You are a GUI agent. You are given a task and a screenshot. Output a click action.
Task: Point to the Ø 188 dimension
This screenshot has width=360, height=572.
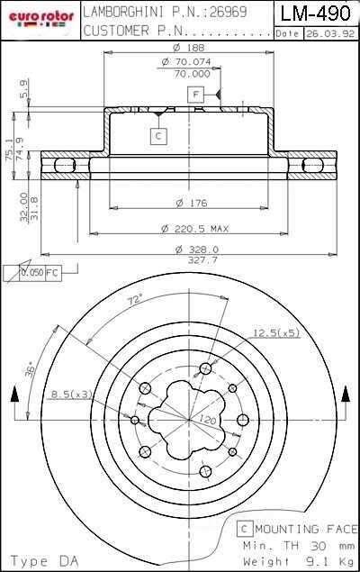click(186, 47)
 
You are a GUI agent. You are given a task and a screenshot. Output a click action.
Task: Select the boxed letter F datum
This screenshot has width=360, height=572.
click(193, 94)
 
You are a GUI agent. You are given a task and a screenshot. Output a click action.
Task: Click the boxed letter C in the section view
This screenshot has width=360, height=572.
click(157, 136)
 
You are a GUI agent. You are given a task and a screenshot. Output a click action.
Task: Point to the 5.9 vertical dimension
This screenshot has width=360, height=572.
click(23, 88)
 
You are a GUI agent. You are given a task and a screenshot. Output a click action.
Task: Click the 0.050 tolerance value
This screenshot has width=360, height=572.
click(33, 272)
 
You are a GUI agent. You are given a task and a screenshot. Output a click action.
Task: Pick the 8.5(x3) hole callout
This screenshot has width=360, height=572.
click(72, 394)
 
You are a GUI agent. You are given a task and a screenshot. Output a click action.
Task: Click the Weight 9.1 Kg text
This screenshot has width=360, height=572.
click(298, 560)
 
